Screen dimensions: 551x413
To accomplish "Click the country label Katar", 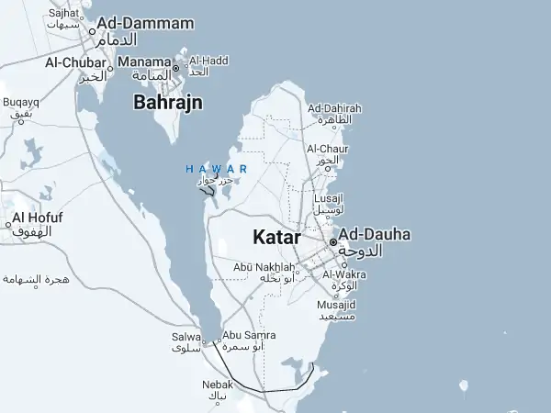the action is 276,237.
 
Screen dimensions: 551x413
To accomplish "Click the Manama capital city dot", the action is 175,67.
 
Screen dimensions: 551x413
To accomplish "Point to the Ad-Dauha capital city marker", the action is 333,242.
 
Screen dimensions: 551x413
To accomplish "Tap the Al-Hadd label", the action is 208,61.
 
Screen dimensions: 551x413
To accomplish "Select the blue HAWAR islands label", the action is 216,169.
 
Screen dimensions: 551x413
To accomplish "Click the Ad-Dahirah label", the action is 334,108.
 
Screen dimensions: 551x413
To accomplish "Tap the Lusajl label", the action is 328,197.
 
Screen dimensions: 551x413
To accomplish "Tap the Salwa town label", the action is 186,337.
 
